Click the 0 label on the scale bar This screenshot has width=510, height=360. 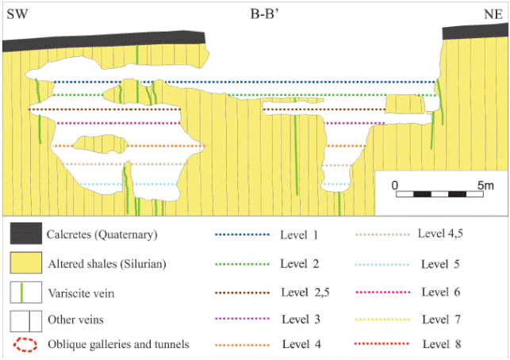click(395, 185)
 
